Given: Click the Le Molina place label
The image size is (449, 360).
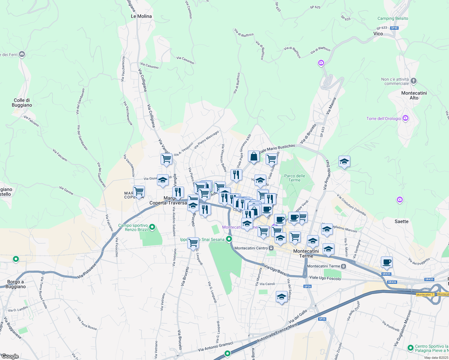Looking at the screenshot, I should [141, 16].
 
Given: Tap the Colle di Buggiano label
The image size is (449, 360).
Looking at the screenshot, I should [22, 103].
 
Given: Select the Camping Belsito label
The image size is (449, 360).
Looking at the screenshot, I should [393, 18].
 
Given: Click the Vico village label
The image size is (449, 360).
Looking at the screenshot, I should [378, 34].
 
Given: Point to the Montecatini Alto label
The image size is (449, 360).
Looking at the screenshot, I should [414, 95].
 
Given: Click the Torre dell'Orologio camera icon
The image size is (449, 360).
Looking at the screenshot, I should [405, 118].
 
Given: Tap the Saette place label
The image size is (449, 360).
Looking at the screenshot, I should [401, 221].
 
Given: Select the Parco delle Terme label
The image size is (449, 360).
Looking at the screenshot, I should [294, 178].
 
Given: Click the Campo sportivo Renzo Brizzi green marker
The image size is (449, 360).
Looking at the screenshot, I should [152, 227].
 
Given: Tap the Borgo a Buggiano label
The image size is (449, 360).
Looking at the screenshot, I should [15, 284].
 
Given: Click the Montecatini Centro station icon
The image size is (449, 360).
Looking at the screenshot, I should [271, 248].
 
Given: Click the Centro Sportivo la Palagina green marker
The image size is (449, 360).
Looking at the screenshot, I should [410, 348].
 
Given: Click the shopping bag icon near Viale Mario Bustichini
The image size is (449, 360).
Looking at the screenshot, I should [254, 157].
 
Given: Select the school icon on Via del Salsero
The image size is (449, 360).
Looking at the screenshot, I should [282, 297].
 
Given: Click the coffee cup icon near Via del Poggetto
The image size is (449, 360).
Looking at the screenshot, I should [387, 262].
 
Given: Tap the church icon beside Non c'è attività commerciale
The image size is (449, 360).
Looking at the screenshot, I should [414, 81].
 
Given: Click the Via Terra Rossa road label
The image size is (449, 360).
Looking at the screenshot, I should [87, 323].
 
